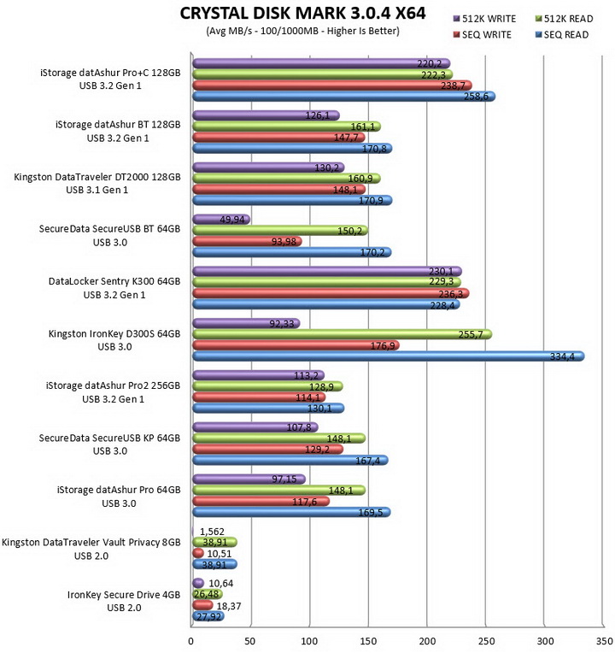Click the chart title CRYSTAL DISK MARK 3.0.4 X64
[x=302, y=14]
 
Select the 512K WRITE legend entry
[x=484, y=19]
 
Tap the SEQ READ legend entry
[x=562, y=34]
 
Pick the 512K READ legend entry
[x=565, y=19]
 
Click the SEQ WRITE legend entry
[x=483, y=34]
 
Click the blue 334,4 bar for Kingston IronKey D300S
[x=389, y=356]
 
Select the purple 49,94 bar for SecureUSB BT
[x=221, y=220]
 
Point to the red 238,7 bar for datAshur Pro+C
[x=332, y=85]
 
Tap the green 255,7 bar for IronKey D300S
[x=343, y=334]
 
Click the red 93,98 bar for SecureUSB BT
[x=247, y=241]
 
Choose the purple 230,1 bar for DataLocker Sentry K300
[x=327, y=272]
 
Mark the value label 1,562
[x=212, y=532]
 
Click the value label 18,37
[x=228, y=605]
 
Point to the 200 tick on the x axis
[x=427, y=640]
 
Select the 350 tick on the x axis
[x=604, y=640]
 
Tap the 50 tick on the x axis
[x=250, y=640]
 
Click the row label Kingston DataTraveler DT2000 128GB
[x=97, y=177]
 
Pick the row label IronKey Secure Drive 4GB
[x=124, y=595]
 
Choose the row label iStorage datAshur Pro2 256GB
[x=114, y=385]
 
